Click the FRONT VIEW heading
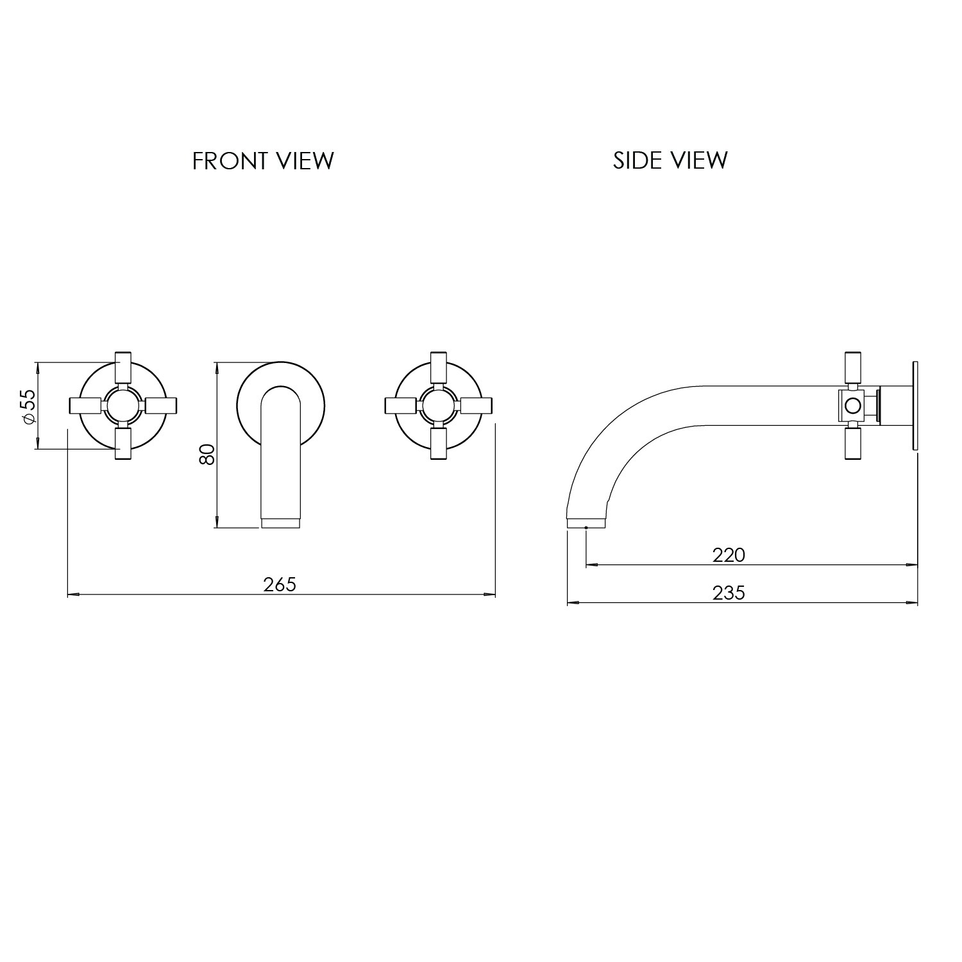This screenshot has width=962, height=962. click(x=263, y=160)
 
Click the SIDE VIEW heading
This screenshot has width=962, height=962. click(x=670, y=160)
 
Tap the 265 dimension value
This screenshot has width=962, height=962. click(x=280, y=585)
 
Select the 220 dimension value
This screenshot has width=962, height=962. click(x=729, y=555)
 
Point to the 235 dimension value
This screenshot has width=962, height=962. click(x=729, y=593)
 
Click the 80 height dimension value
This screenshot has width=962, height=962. click(x=207, y=455)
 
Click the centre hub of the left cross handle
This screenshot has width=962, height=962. click(x=122, y=406)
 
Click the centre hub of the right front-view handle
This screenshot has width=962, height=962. click(x=439, y=406)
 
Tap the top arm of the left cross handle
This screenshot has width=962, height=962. click(x=122, y=367)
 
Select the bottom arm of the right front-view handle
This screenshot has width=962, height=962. click(x=439, y=444)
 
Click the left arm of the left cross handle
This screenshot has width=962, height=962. click(x=84, y=406)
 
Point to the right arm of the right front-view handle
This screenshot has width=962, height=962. click(x=477, y=406)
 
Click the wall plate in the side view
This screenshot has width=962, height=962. click(x=914, y=406)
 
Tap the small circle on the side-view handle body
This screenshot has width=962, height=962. click(x=852, y=406)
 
